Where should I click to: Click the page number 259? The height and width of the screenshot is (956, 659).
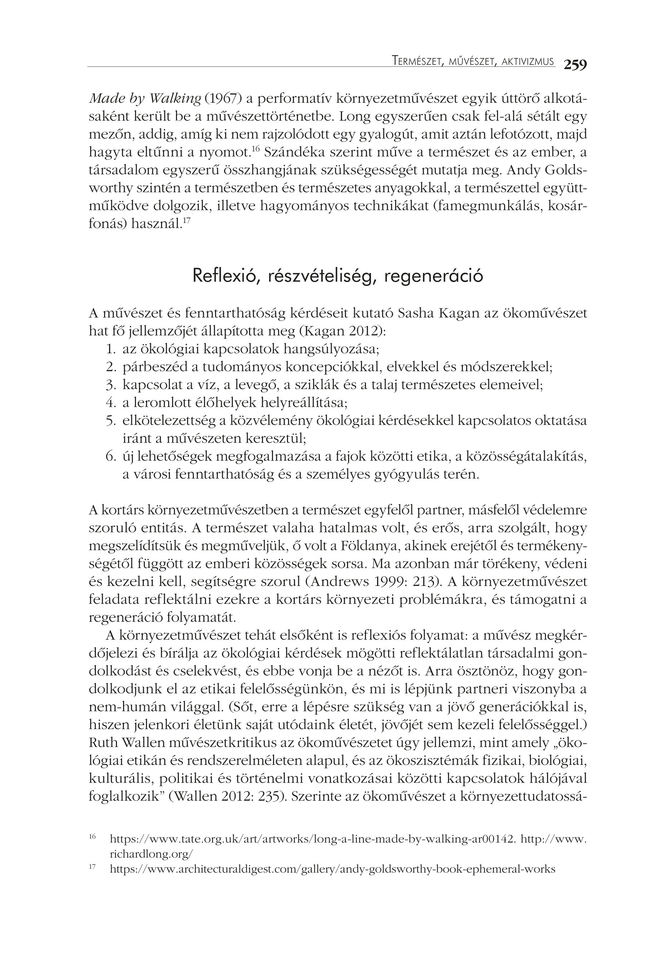575,65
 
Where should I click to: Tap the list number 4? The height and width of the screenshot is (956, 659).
110,402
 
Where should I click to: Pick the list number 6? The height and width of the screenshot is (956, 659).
110,456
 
